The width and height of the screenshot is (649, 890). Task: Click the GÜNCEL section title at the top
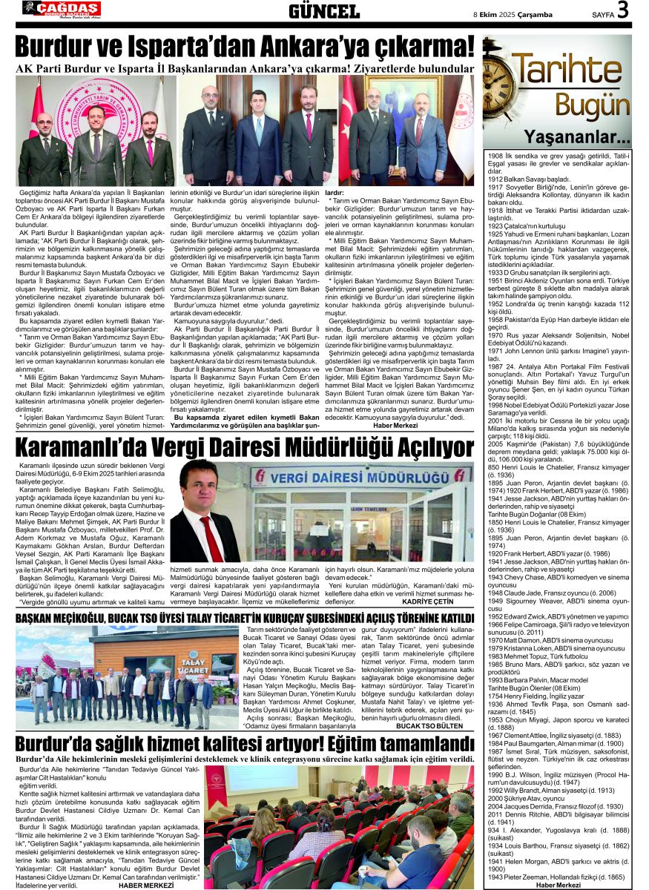point(323,11)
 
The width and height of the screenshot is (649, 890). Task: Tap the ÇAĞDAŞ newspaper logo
point(65,9)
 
